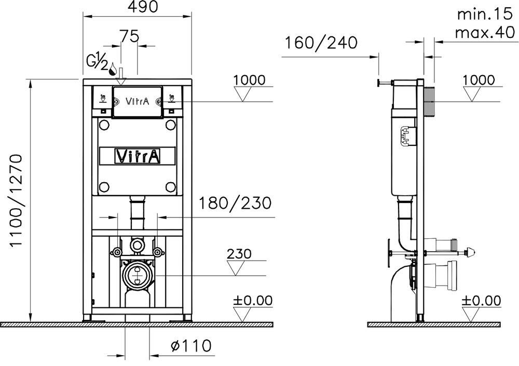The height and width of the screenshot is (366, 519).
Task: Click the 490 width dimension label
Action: coord(143,7)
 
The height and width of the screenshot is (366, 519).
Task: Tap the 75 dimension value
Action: coord(129,36)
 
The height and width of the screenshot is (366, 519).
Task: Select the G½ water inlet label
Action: coord(97,63)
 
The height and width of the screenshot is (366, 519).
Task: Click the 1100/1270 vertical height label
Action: coord(16,201)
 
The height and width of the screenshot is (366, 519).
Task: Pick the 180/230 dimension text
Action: coord(235,203)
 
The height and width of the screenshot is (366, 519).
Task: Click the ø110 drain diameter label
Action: coord(191,346)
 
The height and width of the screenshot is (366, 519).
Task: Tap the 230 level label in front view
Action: coord(239,254)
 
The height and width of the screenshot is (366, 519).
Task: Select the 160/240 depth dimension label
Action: coord(321,43)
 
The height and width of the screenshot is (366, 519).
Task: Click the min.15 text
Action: coord(484,14)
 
